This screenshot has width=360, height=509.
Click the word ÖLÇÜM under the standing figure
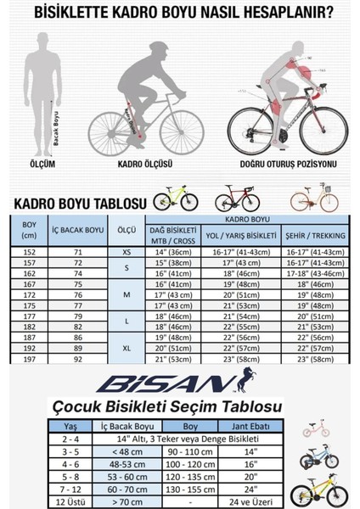39,165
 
